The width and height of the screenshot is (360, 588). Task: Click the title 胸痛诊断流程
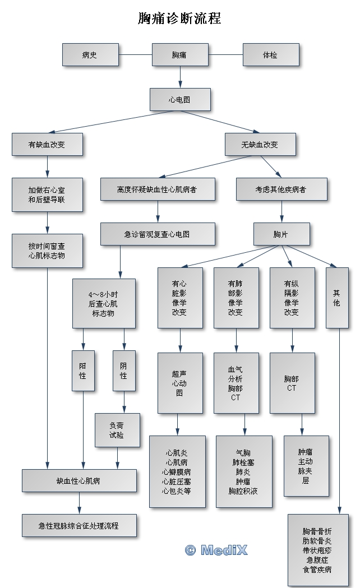[179, 18]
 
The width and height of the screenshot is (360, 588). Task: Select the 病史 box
[90, 55]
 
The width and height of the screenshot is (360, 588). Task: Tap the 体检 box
[270, 55]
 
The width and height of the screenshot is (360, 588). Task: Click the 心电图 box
[180, 100]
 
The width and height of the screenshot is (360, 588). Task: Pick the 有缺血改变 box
[47, 145]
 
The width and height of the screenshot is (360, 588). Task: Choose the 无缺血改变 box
[260, 145]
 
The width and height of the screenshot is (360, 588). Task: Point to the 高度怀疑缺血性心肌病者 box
[158, 189]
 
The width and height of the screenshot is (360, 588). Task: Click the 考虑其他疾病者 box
[281, 189]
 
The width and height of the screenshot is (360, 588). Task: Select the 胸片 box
[281, 234]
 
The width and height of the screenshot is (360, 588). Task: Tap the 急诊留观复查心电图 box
[158, 234]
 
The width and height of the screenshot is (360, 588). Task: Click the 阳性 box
[83, 371]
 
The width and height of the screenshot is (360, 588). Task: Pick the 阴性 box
[124, 371]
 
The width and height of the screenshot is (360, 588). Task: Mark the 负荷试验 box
[117, 430]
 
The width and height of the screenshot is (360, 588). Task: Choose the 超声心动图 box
[180, 383]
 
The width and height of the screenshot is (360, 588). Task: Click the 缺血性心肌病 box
[79, 481]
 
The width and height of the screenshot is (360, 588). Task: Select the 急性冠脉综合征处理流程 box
[79, 526]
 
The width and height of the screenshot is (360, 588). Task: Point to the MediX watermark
[216, 550]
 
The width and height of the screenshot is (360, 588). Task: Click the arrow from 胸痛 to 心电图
[180, 76]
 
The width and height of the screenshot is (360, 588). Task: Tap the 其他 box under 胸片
[336, 297]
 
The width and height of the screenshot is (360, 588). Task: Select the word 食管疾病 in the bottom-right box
[317, 570]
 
